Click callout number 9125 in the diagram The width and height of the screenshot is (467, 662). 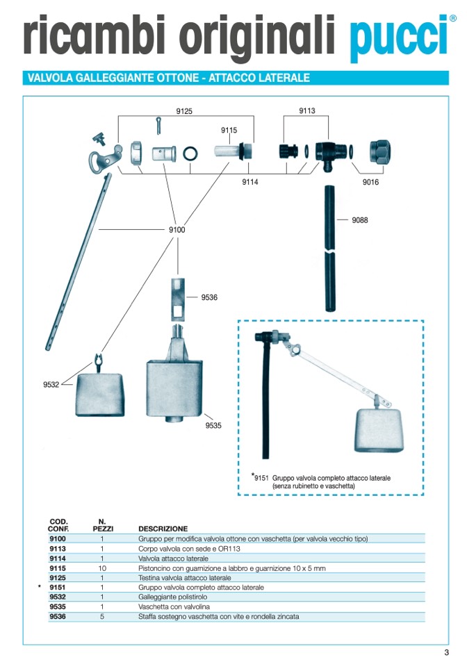click(x=184, y=111)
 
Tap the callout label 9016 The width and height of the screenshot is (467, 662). click(x=370, y=182)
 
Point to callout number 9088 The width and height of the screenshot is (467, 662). click(x=360, y=220)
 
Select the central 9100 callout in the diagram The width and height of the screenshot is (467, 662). click(x=177, y=230)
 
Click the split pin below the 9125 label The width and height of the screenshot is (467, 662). click(x=158, y=126)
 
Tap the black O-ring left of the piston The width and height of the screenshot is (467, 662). click(x=190, y=154)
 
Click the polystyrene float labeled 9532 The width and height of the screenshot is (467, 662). click(x=100, y=395)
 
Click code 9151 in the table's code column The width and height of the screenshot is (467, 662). click(x=58, y=587)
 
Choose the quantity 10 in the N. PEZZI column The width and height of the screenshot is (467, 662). click(x=102, y=568)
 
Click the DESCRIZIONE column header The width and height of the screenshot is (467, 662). click(x=163, y=529)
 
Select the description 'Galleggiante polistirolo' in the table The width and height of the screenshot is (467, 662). click(x=173, y=597)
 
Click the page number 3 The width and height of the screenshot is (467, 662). click(x=447, y=652)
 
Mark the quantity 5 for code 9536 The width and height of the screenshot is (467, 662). click(x=102, y=616)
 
